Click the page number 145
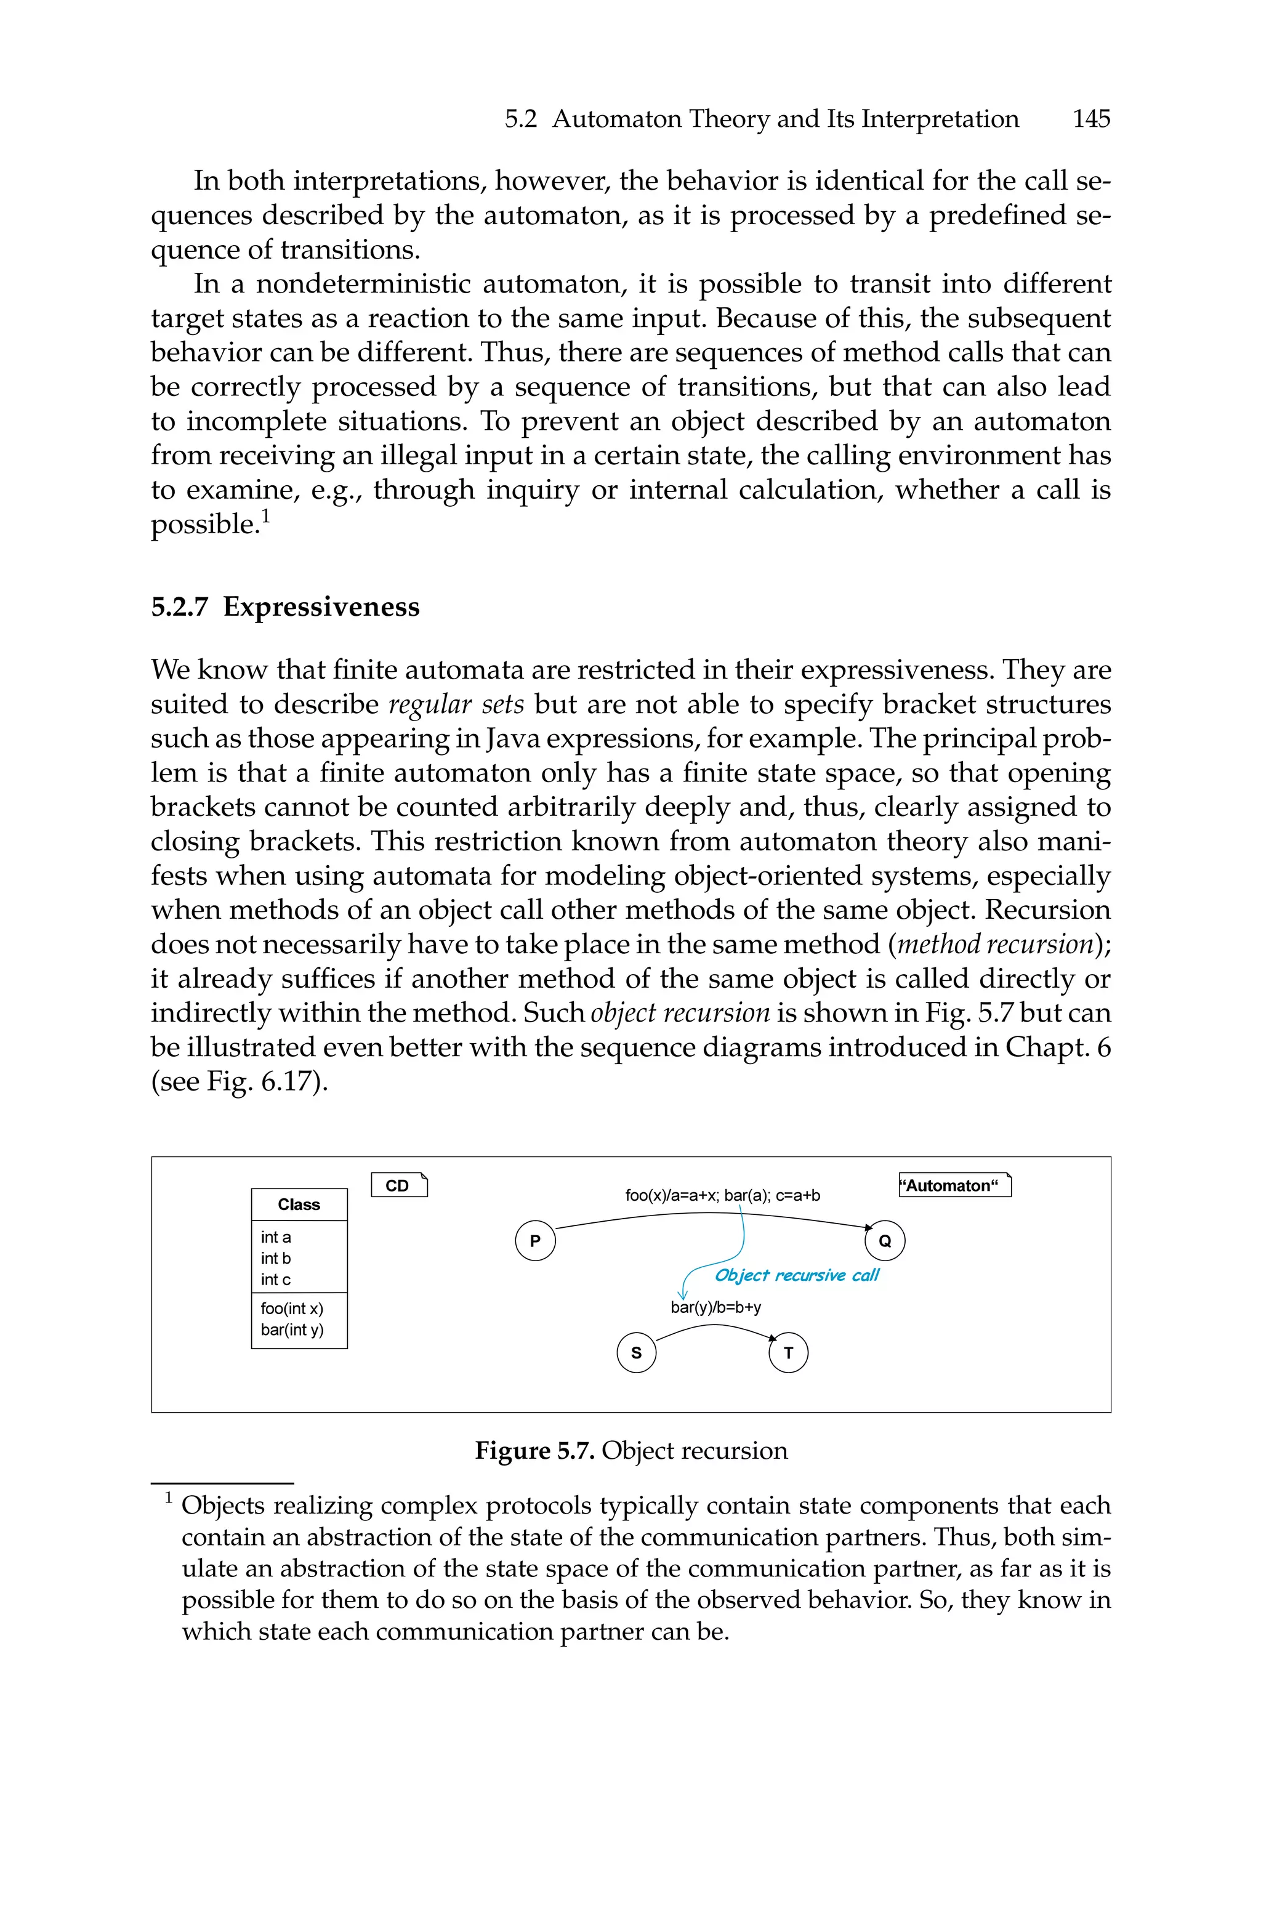[1090, 119]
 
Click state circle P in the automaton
[535, 1241]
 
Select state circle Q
[885, 1241]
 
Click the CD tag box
[399, 1185]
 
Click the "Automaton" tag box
[954, 1185]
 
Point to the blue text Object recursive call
[796, 1275]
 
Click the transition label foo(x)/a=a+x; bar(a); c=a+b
[722, 1196]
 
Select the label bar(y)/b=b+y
[715, 1307]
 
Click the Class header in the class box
[299, 1204]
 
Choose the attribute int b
[276, 1258]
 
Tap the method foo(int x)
[292, 1309]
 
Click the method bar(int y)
[292, 1330]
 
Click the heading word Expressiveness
[321, 607]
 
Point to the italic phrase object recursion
[680, 1013]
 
